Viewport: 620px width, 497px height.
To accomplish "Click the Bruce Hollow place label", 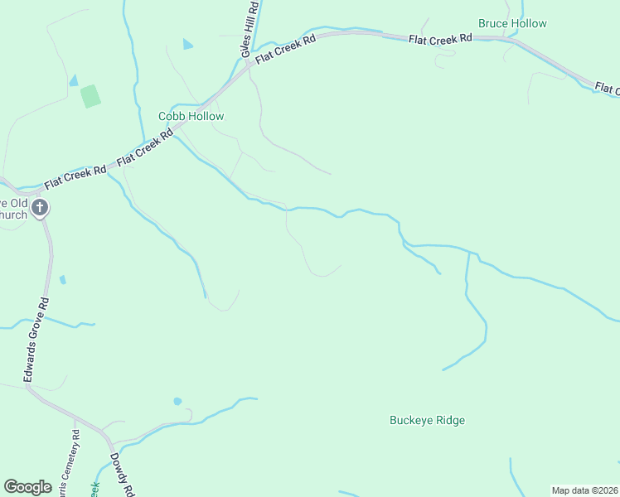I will [512, 23].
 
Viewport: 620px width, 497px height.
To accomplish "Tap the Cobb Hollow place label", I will [191, 117].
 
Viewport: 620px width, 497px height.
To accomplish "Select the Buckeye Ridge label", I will [427, 420].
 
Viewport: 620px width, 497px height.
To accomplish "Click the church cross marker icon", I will [40, 208].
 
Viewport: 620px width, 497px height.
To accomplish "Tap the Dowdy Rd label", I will [122, 474].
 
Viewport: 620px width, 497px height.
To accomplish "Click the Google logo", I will [27, 487].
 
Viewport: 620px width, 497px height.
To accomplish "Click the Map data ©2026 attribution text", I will [584, 490].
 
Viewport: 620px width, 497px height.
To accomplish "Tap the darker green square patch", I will [90, 96].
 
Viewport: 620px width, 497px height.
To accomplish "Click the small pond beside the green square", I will [74, 80].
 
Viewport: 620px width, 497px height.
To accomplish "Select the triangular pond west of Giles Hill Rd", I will [187, 44].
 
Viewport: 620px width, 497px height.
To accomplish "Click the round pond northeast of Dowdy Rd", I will [177, 401].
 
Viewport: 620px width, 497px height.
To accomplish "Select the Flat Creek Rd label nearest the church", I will [75, 175].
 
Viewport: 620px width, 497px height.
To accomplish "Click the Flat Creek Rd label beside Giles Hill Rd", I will [286, 49].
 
